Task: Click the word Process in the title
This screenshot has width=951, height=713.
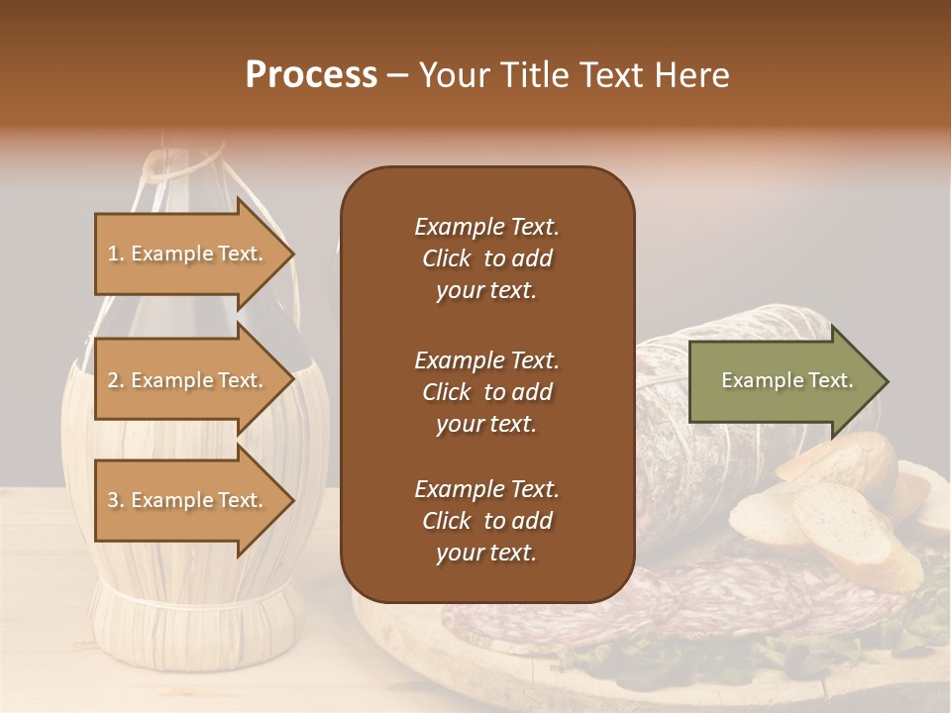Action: [311, 75]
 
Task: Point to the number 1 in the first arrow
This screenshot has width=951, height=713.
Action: [113, 254]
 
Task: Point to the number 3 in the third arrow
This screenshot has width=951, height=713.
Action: [113, 500]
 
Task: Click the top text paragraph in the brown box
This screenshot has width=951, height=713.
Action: [486, 258]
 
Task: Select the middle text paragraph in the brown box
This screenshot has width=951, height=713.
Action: [486, 392]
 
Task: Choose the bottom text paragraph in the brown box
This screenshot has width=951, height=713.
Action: [486, 521]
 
